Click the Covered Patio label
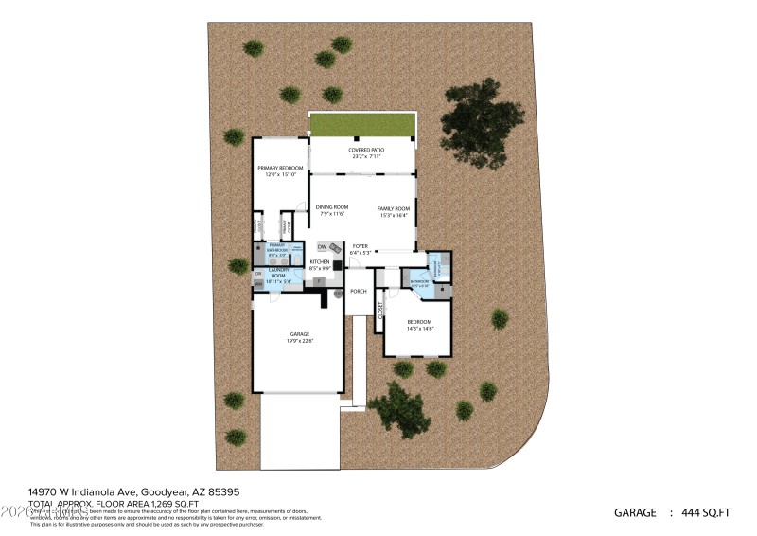click(x=364, y=150)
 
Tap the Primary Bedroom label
click(x=280, y=168)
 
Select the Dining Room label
click(x=332, y=207)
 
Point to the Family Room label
click(x=394, y=208)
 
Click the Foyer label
click(x=360, y=246)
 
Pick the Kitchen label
click(x=320, y=261)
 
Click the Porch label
click(x=359, y=291)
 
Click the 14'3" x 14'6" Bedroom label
click(x=420, y=323)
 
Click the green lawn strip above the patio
click(x=363, y=125)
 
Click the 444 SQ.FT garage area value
click(x=705, y=513)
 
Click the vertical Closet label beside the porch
click(x=380, y=314)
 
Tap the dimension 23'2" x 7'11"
click(x=364, y=157)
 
